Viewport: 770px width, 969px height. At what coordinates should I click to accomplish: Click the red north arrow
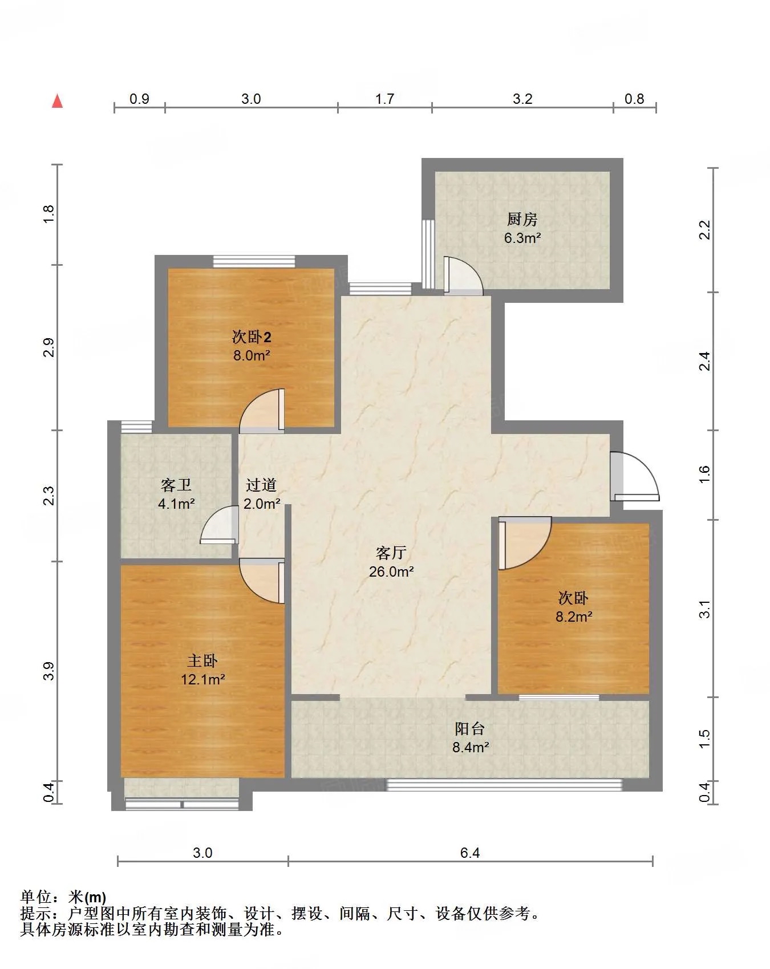(x=57, y=101)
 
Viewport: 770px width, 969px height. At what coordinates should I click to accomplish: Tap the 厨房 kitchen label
(x=522, y=219)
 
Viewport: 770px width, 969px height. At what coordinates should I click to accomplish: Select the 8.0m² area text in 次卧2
(x=252, y=355)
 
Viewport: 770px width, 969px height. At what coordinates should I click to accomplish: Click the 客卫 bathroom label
(x=176, y=485)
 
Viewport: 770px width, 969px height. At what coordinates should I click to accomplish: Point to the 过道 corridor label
(x=261, y=485)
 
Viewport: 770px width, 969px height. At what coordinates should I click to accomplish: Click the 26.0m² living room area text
(x=391, y=571)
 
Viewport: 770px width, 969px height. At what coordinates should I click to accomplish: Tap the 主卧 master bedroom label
(x=202, y=660)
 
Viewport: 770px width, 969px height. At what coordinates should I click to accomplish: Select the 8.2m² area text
(x=574, y=617)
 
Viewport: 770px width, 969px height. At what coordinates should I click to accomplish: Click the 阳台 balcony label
(x=470, y=728)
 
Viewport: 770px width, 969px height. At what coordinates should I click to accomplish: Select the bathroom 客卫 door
(x=220, y=525)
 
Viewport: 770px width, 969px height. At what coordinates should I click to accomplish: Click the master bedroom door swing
(x=262, y=581)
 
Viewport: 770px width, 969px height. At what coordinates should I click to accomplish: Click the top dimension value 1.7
(x=384, y=99)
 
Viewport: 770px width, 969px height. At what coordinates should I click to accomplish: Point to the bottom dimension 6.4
(x=470, y=853)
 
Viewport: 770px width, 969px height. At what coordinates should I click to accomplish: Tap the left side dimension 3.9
(x=49, y=671)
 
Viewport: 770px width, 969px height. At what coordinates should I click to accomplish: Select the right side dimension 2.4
(x=705, y=360)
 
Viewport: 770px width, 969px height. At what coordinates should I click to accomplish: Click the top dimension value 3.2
(x=522, y=99)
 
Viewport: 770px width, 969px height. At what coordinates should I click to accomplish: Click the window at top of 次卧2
(x=254, y=261)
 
